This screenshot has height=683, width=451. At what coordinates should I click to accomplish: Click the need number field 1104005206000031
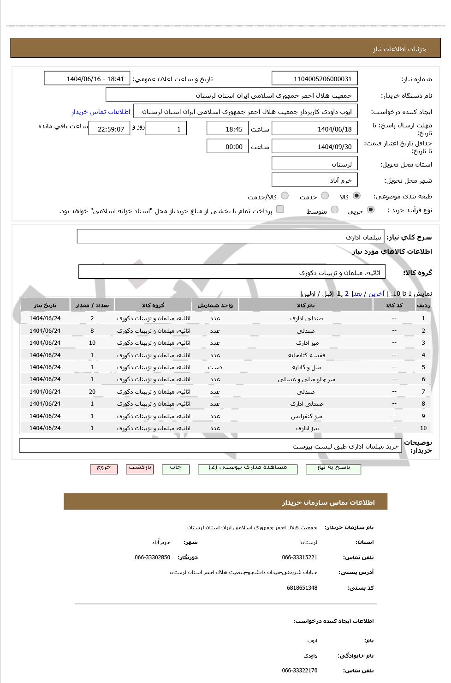(315, 79)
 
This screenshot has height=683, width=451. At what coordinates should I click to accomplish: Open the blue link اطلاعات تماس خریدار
(101, 112)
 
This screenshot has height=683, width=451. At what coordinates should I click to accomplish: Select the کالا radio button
(356, 196)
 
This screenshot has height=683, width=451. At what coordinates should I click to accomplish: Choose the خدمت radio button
(325, 196)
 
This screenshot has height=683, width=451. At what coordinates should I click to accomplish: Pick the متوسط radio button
(335, 210)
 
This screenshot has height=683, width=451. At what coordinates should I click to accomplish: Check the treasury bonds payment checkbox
(280, 210)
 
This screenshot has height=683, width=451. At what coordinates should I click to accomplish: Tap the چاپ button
(176, 468)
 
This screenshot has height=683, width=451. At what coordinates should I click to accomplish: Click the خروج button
(104, 468)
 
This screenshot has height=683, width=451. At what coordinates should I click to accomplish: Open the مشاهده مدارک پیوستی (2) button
(248, 468)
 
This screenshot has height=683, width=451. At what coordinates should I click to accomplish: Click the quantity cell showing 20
(92, 392)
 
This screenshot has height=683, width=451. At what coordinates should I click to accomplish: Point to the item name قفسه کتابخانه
(306, 355)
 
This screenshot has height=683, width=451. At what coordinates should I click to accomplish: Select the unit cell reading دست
(215, 367)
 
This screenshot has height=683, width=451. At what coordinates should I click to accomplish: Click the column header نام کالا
(306, 306)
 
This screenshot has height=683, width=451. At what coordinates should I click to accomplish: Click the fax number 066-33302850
(152, 557)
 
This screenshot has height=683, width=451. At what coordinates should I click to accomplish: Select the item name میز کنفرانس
(306, 416)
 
